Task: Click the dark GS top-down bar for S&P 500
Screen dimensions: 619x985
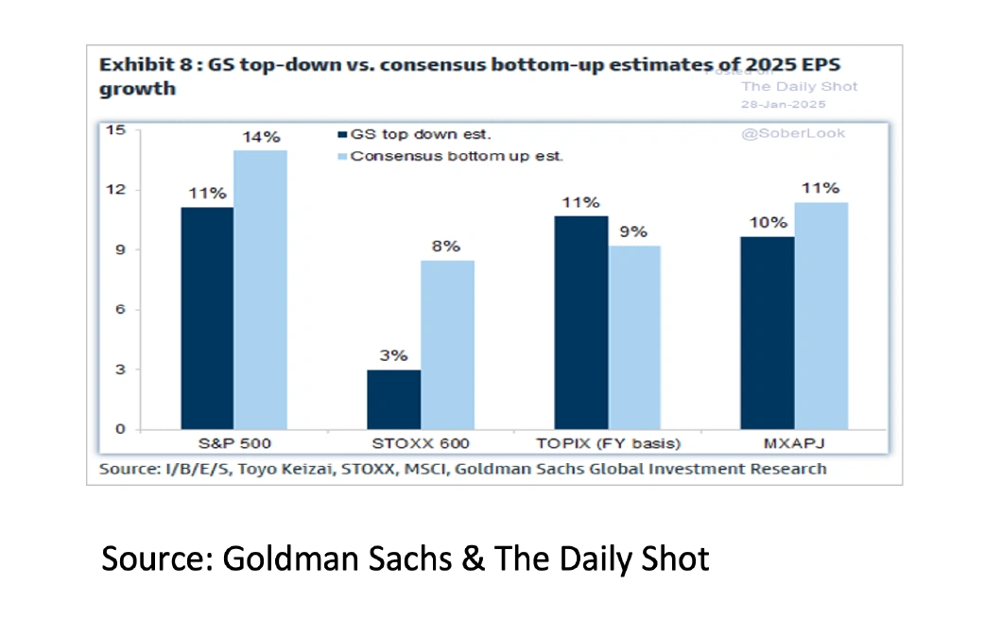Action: pos(207,318)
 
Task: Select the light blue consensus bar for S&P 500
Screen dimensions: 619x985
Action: pos(260,290)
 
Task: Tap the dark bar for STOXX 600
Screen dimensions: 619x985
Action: pos(393,399)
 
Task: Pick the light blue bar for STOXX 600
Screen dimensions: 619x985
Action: pos(447,345)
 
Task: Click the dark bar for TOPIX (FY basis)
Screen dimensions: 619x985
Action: pos(581,322)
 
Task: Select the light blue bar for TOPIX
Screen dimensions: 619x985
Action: pos(633,337)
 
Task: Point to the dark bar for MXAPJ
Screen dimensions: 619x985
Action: pos(767,333)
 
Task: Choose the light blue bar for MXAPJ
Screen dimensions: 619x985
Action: pos(821,316)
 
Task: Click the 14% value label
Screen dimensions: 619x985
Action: pos(260,137)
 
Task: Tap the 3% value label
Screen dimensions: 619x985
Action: pos(393,356)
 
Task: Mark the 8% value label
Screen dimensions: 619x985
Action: pos(446,247)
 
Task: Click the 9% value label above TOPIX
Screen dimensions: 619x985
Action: pos(633,232)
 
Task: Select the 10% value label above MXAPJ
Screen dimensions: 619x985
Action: pos(768,222)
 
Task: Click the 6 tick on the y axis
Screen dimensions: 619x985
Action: pos(119,310)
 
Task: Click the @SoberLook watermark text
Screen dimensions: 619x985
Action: pos(793,133)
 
